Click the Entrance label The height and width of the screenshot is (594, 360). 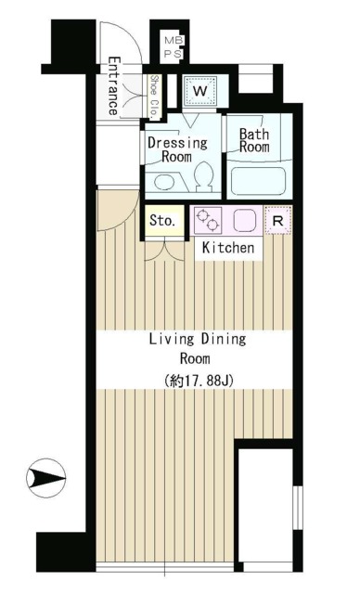(x=112, y=86)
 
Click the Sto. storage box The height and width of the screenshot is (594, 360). (x=162, y=222)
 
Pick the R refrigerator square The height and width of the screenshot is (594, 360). (x=276, y=221)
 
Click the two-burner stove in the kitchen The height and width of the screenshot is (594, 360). (x=207, y=221)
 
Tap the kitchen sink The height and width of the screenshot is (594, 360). (x=244, y=221)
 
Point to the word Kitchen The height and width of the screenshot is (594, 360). (x=227, y=248)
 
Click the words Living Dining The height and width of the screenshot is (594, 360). (x=197, y=339)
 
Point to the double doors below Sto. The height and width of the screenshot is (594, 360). (x=163, y=250)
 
